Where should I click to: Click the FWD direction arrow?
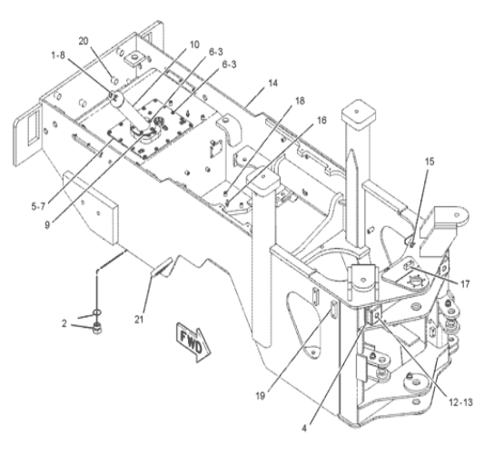point(193,342)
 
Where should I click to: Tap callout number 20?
point(83,41)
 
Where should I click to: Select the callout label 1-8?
point(58,55)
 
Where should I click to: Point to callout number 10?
point(194,45)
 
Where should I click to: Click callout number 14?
point(272,84)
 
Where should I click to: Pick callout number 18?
point(300,101)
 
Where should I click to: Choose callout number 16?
point(321,120)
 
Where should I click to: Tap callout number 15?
point(429,162)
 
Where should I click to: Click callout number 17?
point(465,283)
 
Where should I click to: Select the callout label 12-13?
point(460,402)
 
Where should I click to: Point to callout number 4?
point(304,429)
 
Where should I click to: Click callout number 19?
point(261,395)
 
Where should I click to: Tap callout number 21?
point(139,319)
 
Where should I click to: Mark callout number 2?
point(64,323)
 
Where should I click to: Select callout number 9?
point(47,224)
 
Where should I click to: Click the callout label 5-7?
point(38,206)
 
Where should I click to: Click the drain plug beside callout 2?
point(97,328)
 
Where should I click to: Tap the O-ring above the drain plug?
point(96,313)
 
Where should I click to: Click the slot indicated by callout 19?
point(333,311)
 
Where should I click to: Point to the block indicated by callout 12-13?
point(374,316)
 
